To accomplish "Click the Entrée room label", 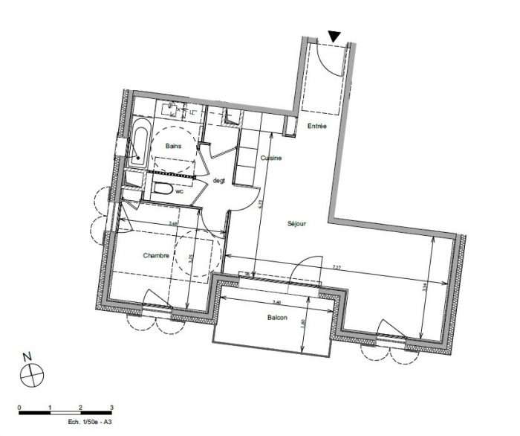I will tap(317, 126).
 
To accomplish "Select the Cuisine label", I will tap(270, 158).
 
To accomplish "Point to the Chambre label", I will tap(157, 255).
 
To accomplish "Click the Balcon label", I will tap(278, 318).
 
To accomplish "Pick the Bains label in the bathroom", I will tap(174, 146).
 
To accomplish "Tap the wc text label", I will tap(179, 191).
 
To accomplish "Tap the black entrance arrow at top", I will tap(335, 36).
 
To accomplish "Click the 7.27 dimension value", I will tap(337, 267).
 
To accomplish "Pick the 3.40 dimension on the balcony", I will tap(277, 301).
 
